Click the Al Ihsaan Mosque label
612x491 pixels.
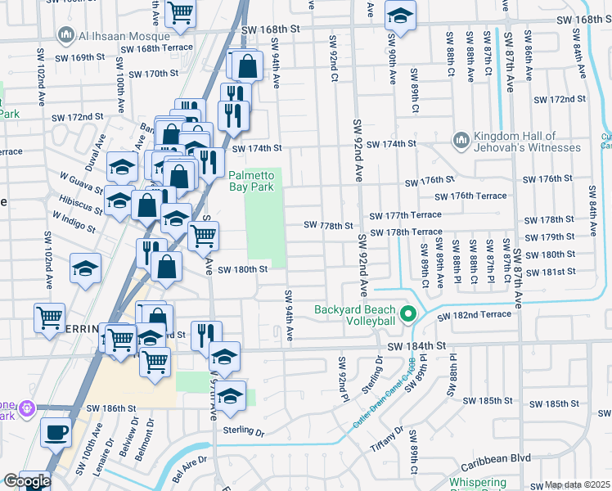(122, 36)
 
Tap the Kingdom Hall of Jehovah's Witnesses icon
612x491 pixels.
(461, 142)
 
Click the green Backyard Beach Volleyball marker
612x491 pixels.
(406, 314)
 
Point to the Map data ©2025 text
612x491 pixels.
(578, 485)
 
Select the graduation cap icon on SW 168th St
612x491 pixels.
(400, 15)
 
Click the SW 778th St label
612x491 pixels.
(328, 225)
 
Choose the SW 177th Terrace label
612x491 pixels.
(405, 215)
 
